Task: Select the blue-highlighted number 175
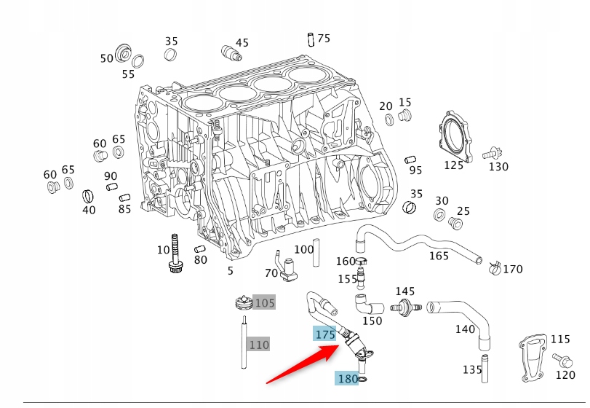(324, 334)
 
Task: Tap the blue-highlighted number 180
(347, 378)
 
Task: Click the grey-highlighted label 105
(264, 302)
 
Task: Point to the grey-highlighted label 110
(259, 344)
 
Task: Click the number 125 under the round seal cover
(453, 165)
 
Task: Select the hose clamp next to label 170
(494, 267)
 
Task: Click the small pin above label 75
(311, 38)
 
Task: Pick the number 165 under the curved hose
(439, 256)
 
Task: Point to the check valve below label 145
(404, 307)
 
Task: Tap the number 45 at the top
(242, 43)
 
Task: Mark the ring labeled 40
(88, 195)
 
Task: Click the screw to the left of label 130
(491, 153)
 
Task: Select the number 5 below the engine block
(231, 271)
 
